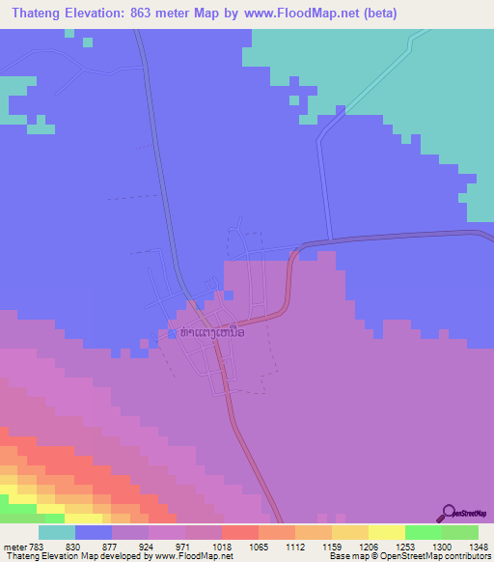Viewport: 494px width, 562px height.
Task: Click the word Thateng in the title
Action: pyautogui.click(x=36, y=13)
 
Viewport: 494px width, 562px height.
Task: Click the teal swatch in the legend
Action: pyautogui.click(x=57, y=532)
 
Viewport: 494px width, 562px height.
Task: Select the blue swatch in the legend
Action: pyautogui.click(x=94, y=532)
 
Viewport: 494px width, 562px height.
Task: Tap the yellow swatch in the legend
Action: pyautogui.click(x=387, y=532)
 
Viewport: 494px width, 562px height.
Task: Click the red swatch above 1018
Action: pyautogui.click(x=240, y=532)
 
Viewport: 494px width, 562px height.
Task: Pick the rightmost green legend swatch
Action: pyautogui.click(x=460, y=532)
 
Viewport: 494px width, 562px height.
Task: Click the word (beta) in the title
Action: pyautogui.click(x=378, y=13)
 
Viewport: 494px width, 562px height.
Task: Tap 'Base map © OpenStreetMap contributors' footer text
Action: pyautogui.click(x=409, y=555)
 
